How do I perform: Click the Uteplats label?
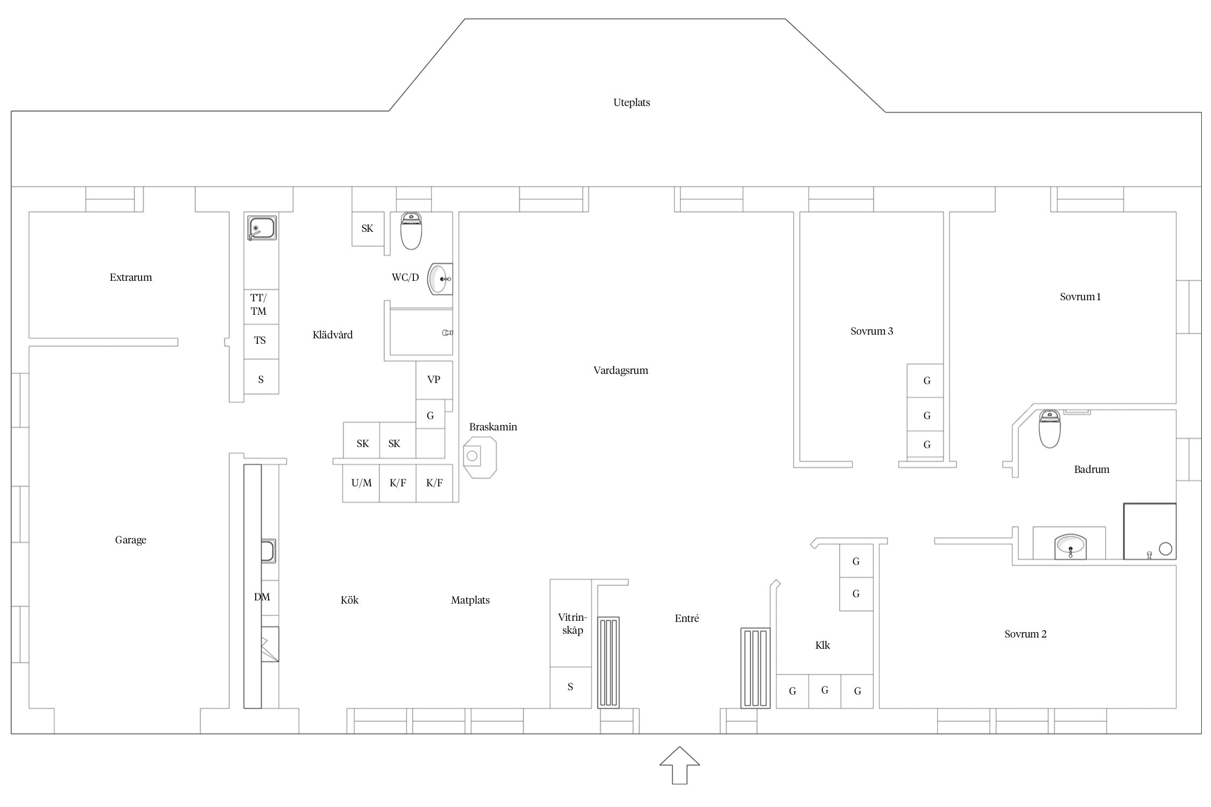click(631, 103)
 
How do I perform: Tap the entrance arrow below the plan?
click(680, 765)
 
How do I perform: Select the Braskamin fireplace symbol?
click(480, 457)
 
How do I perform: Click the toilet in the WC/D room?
click(411, 231)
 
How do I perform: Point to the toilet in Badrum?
click(1050, 429)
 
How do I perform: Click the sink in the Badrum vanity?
click(1071, 547)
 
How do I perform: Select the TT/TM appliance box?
click(261, 305)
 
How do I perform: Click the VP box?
click(434, 380)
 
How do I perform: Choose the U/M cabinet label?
click(361, 483)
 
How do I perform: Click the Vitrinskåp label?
click(572, 624)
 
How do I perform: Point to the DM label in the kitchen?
click(262, 597)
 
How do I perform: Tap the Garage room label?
click(131, 540)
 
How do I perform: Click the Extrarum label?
click(131, 278)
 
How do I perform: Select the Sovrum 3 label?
click(871, 331)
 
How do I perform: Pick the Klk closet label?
click(822, 645)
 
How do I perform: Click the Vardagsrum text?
click(621, 371)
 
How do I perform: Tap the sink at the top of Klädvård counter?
click(262, 228)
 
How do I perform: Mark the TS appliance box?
click(261, 342)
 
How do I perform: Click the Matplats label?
click(470, 600)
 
